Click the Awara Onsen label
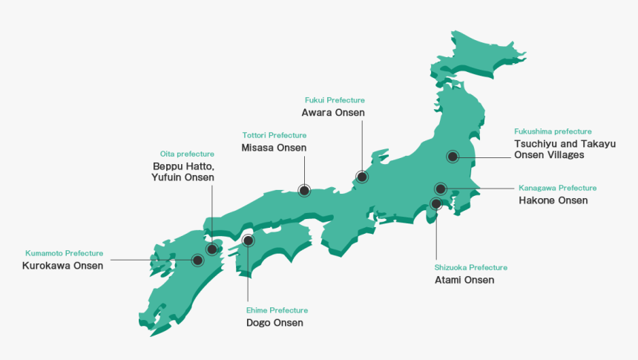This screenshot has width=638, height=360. click(x=333, y=112)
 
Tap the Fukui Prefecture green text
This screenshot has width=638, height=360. click(x=335, y=99)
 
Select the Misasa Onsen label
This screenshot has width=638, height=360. click(x=274, y=148)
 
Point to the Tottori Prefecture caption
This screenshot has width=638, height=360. click(x=274, y=135)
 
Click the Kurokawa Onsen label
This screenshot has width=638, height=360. click(x=63, y=266)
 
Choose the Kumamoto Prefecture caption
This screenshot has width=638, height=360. click(x=64, y=253)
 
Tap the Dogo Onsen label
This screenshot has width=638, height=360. click(x=274, y=323)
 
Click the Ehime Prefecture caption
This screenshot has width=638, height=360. click(x=277, y=310)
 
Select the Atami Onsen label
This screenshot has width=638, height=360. click(x=464, y=280)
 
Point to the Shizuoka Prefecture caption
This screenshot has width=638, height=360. click(x=471, y=267)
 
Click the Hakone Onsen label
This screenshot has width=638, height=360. click(x=553, y=200)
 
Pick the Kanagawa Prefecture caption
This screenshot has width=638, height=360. click(x=557, y=188)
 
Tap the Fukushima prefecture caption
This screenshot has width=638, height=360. click(x=553, y=131)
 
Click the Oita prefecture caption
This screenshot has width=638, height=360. click(x=187, y=154)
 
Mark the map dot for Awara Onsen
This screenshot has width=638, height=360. click(x=361, y=177)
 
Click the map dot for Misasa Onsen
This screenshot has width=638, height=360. click(x=304, y=190)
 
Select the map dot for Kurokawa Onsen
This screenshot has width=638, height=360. click(x=198, y=260)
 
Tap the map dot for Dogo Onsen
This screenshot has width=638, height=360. click(x=248, y=240)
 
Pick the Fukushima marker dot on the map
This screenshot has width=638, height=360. click(x=452, y=156)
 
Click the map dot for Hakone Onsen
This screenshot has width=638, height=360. click(x=441, y=189)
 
